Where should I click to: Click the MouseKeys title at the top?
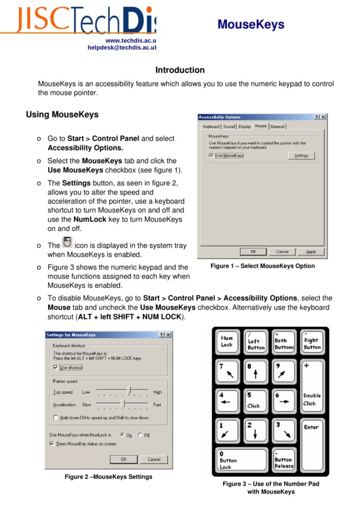(x=251, y=25)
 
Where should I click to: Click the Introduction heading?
(x=180, y=70)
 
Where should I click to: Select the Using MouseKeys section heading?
(x=62, y=114)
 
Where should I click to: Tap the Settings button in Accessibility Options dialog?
(x=301, y=156)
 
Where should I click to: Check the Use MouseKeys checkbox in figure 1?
(x=211, y=156)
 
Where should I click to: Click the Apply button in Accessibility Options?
(x=311, y=252)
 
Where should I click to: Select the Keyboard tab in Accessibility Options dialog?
(x=211, y=127)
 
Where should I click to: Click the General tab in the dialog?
(x=277, y=127)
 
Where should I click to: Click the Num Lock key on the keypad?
(x=227, y=342)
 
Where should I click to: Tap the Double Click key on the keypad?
(x=312, y=399)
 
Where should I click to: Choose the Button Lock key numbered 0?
(x=240, y=460)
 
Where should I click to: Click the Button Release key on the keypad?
(x=284, y=460)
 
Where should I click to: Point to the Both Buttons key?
(x=284, y=342)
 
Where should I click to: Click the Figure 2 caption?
(x=104, y=477)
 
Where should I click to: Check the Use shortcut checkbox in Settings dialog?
(x=56, y=368)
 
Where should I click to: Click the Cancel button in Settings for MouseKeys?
(x=154, y=459)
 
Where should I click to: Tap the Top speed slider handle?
(x=130, y=391)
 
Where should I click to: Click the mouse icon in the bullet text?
(x=67, y=242)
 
